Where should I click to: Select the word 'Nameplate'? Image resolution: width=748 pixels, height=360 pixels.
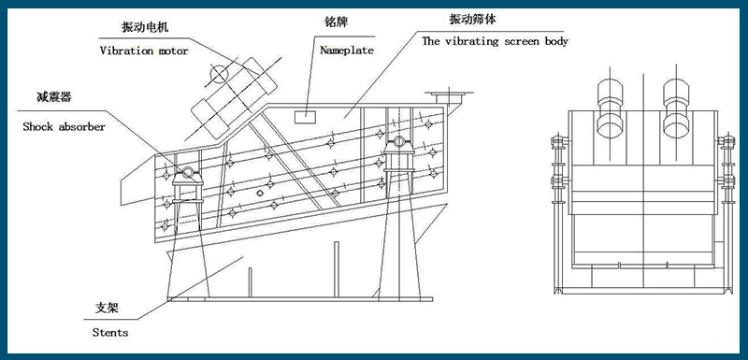tap(345, 50)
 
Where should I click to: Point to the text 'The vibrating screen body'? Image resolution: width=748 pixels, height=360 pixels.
tap(495, 41)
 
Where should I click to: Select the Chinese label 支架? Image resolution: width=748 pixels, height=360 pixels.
tap(108, 308)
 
